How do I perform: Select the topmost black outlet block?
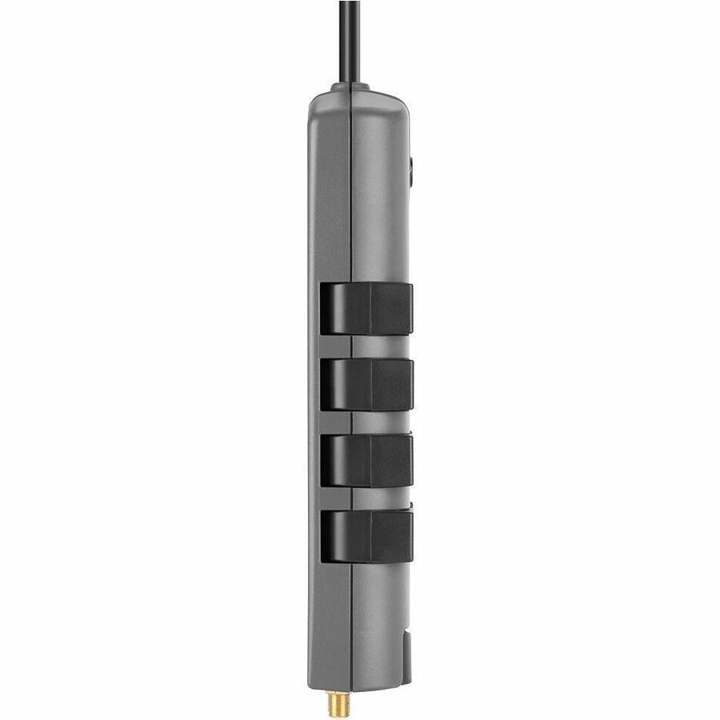(366, 308)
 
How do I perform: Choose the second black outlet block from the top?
(366, 384)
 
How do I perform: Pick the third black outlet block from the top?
(366, 459)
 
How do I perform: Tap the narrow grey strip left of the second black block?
(314, 384)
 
